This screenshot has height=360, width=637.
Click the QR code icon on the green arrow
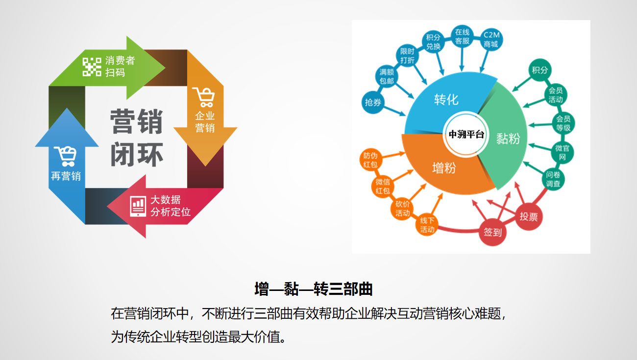pyautogui.click(x=92, y=67)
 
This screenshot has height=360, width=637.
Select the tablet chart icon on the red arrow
pyautogui.click(x=138, y=206)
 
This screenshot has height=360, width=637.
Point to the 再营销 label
pyautogui.click(x=66, y=176)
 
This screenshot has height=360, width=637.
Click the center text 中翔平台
pyautogui.click(x=466, y=134)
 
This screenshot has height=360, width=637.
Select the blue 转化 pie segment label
pyautogui.click(x=446, y=99)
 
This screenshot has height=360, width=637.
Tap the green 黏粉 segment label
pyautogui.click(x=508, y=139)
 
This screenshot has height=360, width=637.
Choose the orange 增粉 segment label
pyautogui.click(x=444, y=168)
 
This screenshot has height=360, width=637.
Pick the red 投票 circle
pyautogui.click(x=528, y=216)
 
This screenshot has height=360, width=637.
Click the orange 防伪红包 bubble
pyautogui.click(x=370, y=160)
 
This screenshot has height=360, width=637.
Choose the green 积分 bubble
pyautogui.click(x=539, y=70)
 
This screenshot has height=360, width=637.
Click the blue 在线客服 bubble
pyautogui.click(x=462, y=36)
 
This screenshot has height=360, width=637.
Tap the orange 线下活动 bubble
pyautogui.click(x=427, y=224)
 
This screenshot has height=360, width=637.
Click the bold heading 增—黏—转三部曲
pyautogui.click(x=314, y=289)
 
